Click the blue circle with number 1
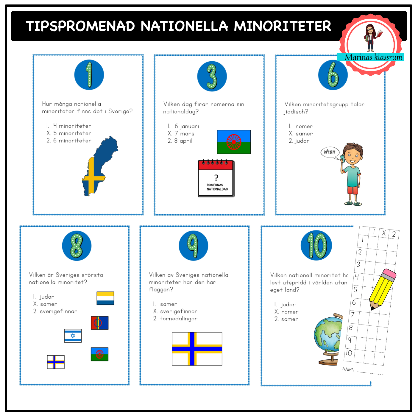click(x=89, y=75)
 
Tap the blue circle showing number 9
click(x=193, y=246)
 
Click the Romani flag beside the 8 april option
click(x=234, y=142)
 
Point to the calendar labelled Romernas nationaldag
click(x=216, y=179)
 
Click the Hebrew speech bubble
click(x=330, y=152)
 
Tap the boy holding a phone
click(x=352, y=174)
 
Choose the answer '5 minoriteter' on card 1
click(x=69, y=133)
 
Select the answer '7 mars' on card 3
click(x=181, y=134)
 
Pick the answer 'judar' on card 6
click(x=299, y=141)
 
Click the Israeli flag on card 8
click(x=73, y=336)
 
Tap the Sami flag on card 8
click(x=99, y=323)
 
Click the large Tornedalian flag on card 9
click(x=197, y=349)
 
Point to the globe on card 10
click(x=328, y=339)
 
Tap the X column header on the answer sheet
click(x=384, y=233)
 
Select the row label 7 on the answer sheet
click(x=353, y=314)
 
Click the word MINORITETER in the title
click(x=283, y=26)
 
